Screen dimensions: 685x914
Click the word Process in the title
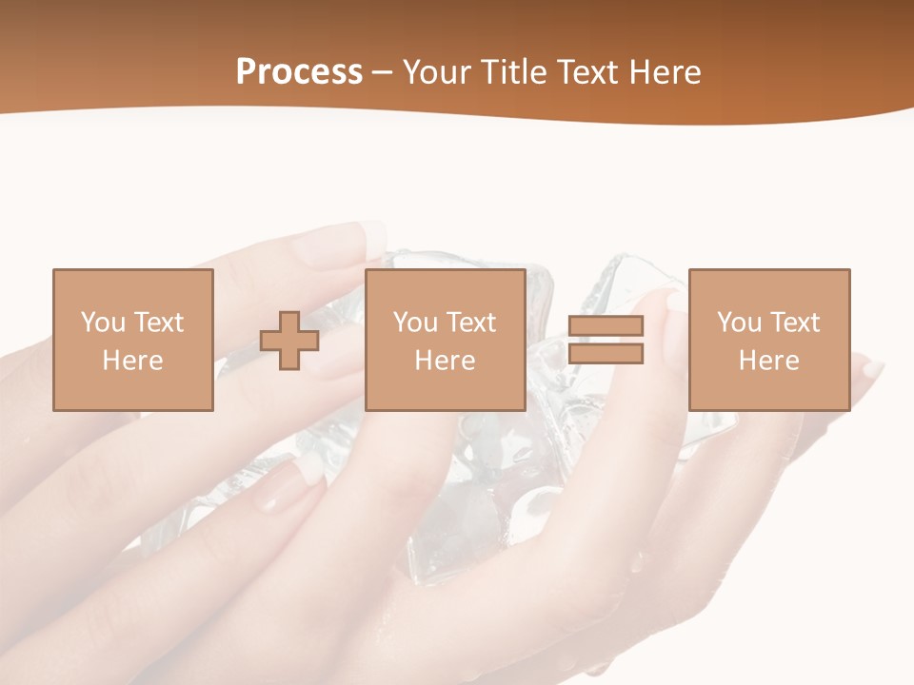coord(299,72)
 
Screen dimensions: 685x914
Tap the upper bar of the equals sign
coord(606,326)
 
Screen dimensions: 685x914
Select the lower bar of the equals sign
coord(606,354)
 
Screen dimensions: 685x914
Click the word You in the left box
coord(103,323)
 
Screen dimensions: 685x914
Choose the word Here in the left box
coord(132,361)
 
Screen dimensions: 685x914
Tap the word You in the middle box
coord(415,323)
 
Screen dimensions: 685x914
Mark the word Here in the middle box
coord(445,361)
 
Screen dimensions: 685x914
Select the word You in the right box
coord(739,323)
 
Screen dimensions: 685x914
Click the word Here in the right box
coord(768,361)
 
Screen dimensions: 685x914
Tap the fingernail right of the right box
coord(871,369)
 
